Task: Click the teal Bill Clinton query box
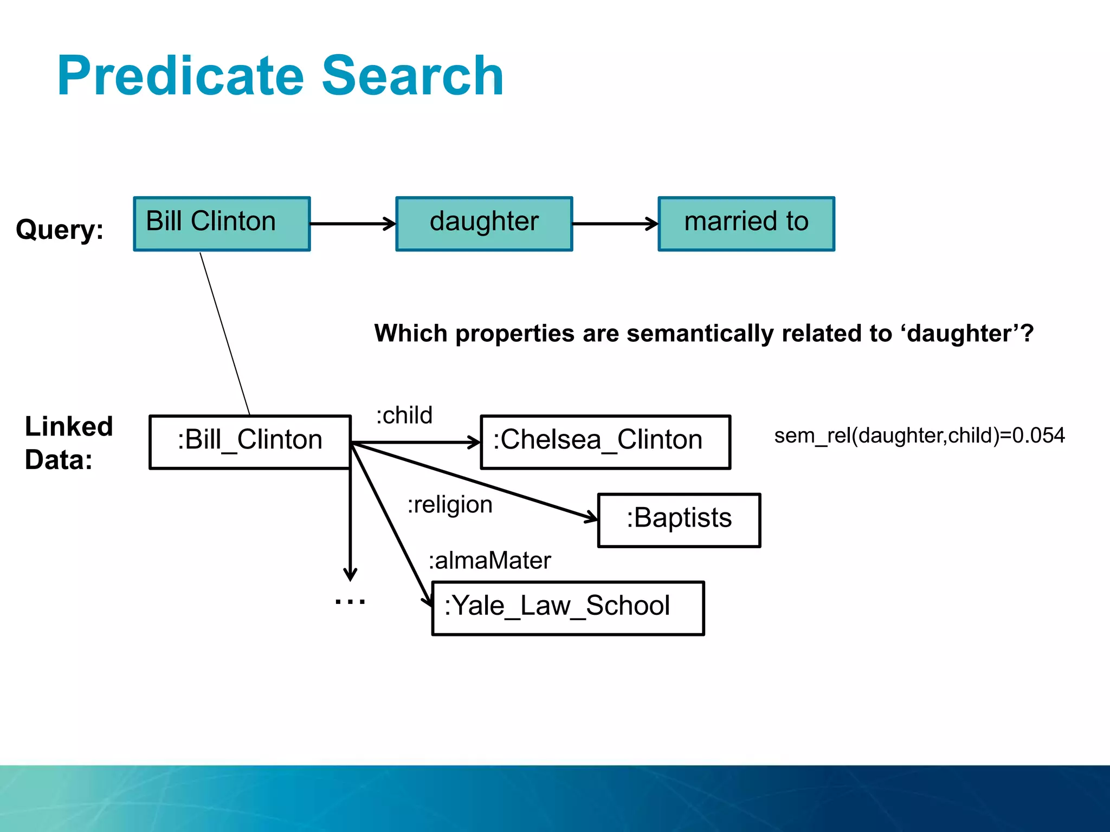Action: click(x=222, y=223)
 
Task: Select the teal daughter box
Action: click(x=484, y=223)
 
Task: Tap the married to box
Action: click(x=746, y=223)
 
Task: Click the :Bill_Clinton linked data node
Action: click(x=250, y=441)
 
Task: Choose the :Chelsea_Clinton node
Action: click(x=605, y=441)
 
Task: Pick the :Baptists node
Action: click(x=679, y=519)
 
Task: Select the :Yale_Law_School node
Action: click(x=568, y=608)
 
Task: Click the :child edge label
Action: click(x=404, y=415)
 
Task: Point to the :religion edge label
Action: click(x=450, y=505)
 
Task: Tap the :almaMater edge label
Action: click(x=489, y=561)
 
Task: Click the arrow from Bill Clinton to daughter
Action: click(x=353, y=223)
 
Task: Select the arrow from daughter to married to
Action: click(x=615, y=223)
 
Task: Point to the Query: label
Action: click(x=60, y=229)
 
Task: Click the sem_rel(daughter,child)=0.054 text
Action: click(x=919, y=435)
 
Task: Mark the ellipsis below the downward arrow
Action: click(x=350, y=601)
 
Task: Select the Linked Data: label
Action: click(x=68, y=443)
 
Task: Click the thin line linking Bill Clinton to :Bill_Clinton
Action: click(x=225, y=333)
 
